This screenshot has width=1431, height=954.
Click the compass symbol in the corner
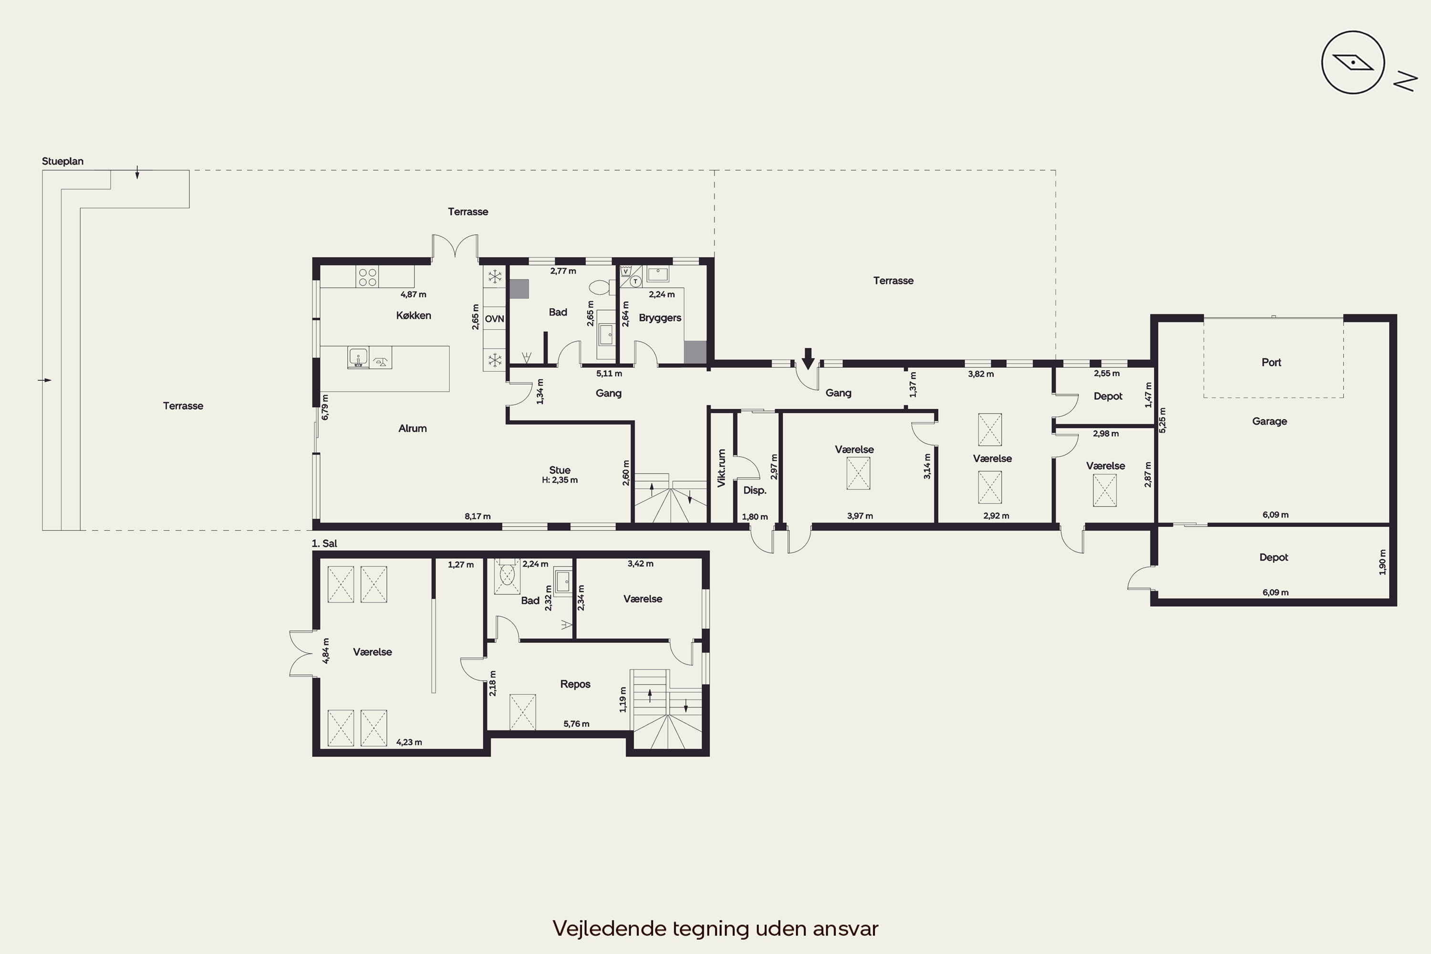pyautogui.click(x=1353, y=62)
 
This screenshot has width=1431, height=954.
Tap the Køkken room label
pyautogui.click(x=414, y=315)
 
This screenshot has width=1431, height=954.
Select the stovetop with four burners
pyautogui.click(x=367, y=277)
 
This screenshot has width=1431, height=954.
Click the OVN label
pyautogui.click(x=495, y=319)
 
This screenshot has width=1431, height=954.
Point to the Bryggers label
pyautogui.click(x=660, y=318)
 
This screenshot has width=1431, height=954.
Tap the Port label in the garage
pyautogui.click(x=1272, y=362)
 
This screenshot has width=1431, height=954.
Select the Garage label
pyautogui.click(x=1270, y=421)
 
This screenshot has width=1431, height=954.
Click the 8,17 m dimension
pyautogui.click(x=477, y=517)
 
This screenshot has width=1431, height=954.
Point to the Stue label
pyautogui.click(x=560, y=470)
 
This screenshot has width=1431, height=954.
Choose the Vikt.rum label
pyautogui.click(x=722, y=468)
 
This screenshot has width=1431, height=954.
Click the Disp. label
pyautogui.click(x=755, y=490)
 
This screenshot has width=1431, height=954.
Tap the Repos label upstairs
pyautogui.click(x=575, y=684)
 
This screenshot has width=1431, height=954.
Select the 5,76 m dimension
pyautogui.click(x=576, y=724)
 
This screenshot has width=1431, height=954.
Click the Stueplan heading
pyautogui.click(x=62, y=161)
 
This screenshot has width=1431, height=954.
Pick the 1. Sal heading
pyautogui.click(x=324, y=543)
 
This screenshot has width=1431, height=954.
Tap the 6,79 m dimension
pyautogui.click(x=325, y=407)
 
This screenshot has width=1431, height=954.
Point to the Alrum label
pyautogui.click(x=413, y=428)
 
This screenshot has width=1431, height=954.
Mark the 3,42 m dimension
pyautogui.click(x=641, y=564)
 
